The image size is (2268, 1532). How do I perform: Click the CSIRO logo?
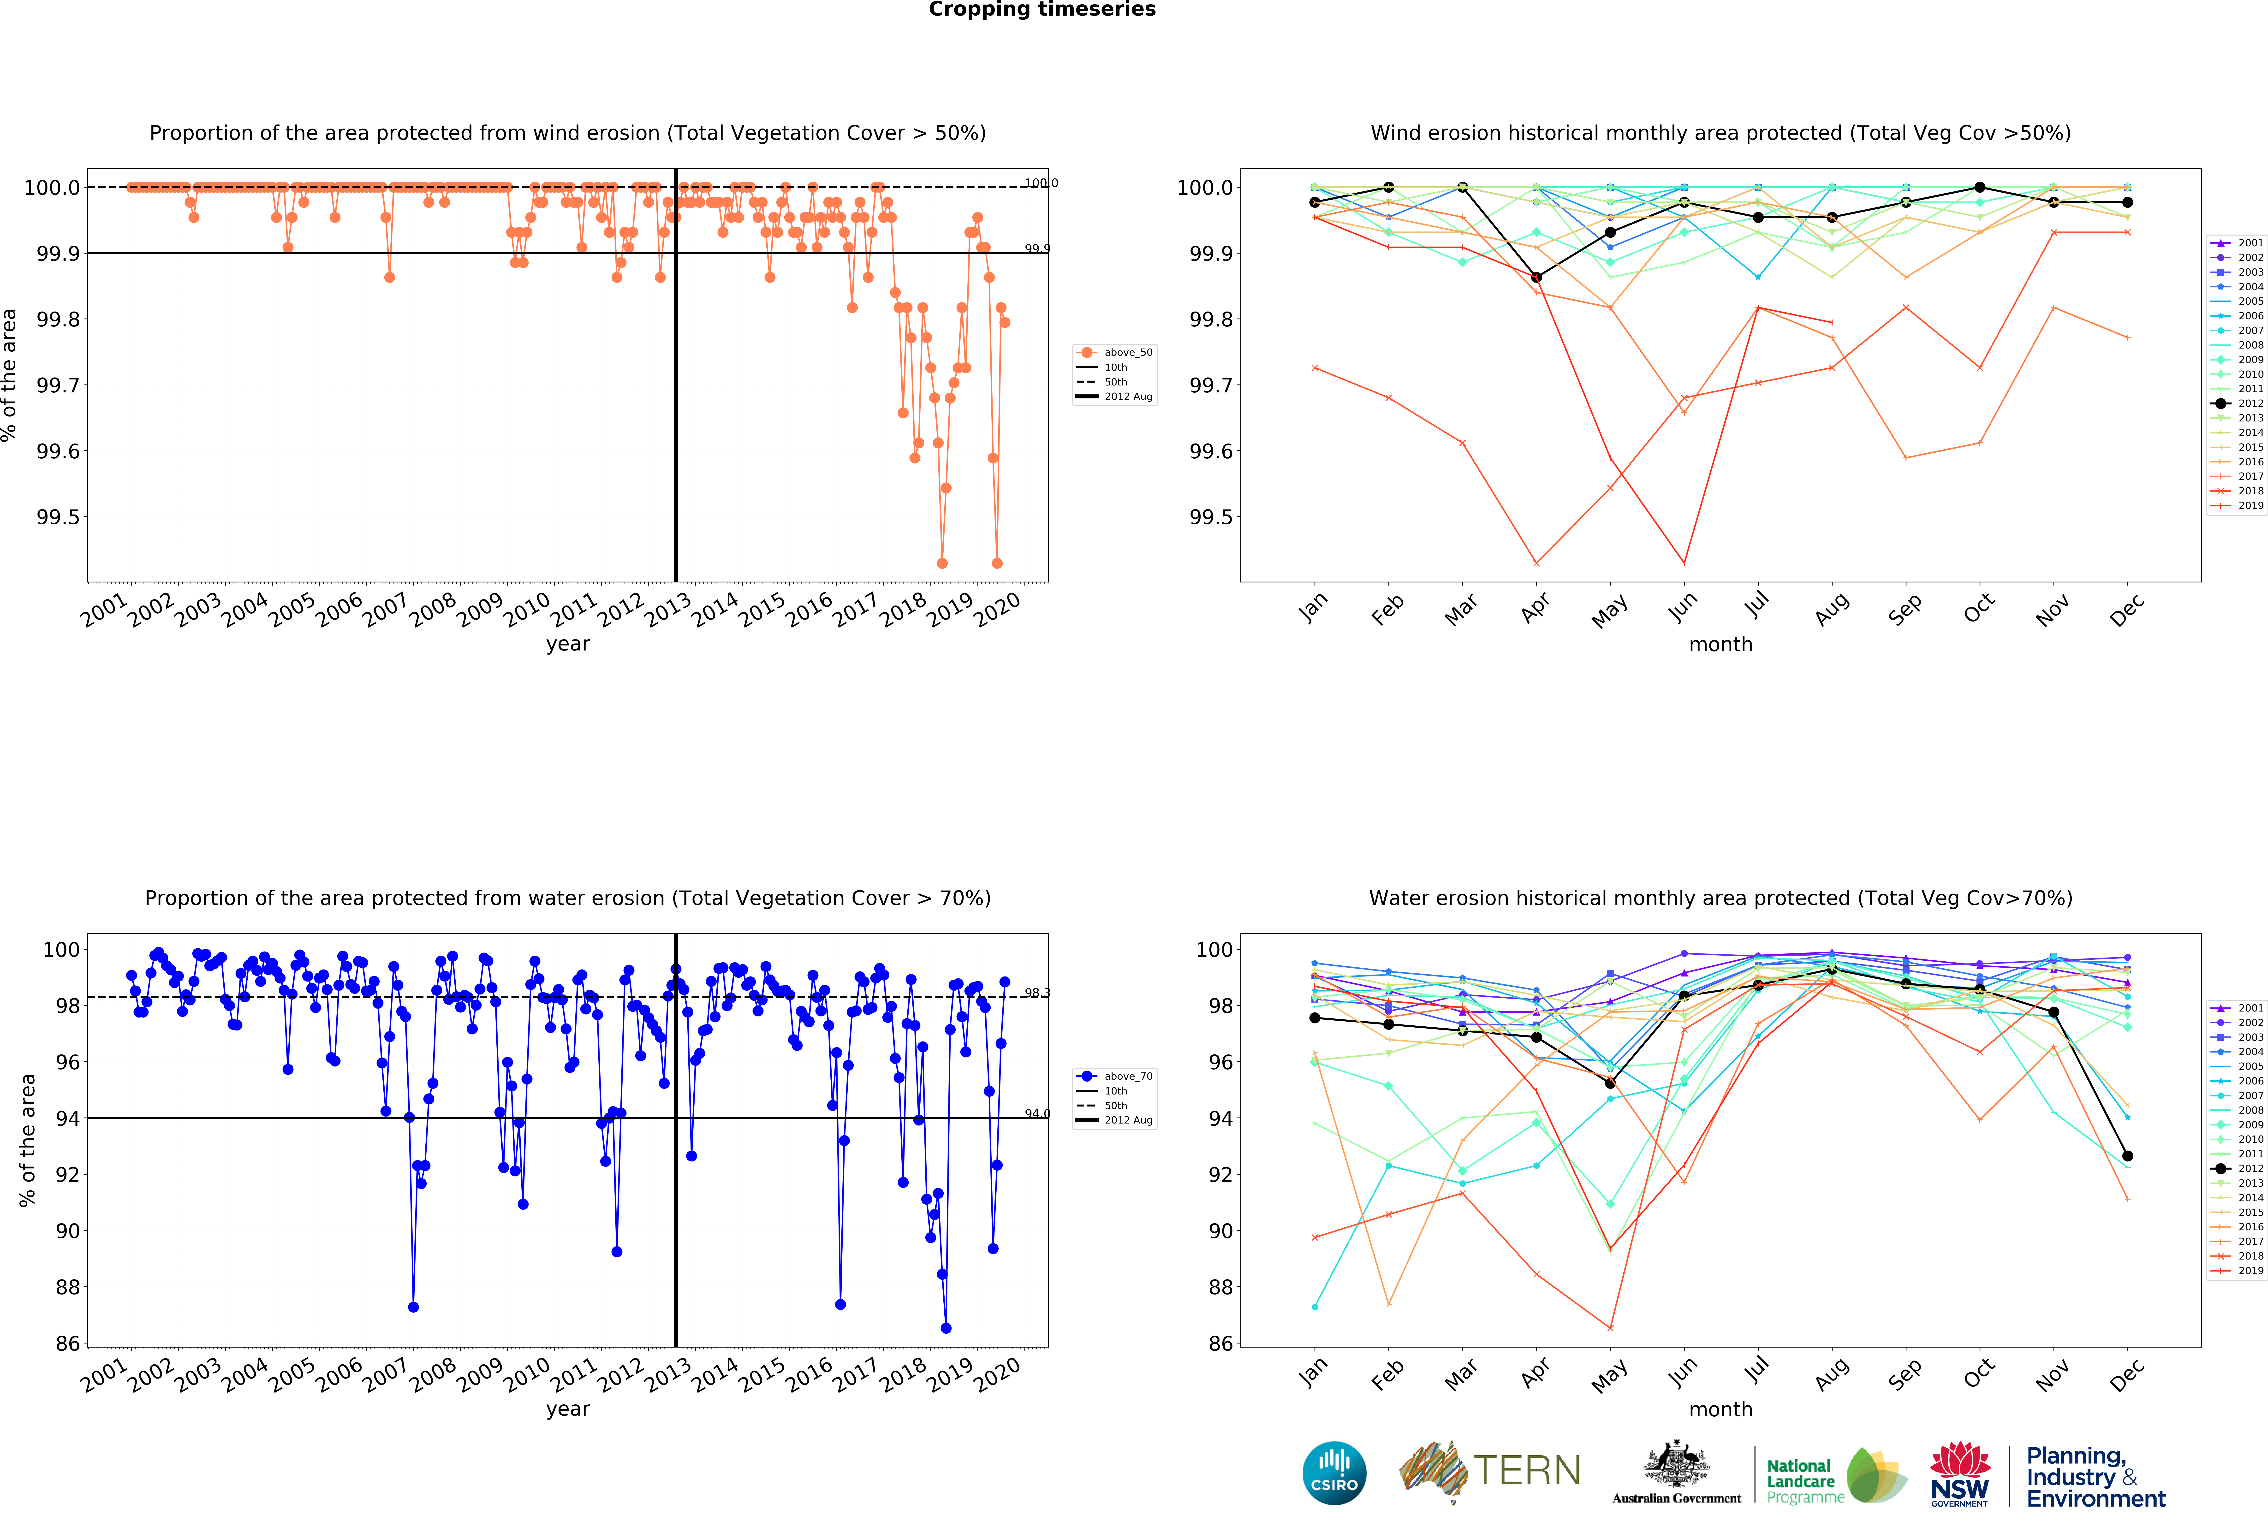tap(1334, 1473)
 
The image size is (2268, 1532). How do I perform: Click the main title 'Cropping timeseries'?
tap(1041, 10)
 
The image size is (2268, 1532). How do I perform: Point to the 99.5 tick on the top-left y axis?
tap(59, 517)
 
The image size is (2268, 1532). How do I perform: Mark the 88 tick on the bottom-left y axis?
tap(67, 1287)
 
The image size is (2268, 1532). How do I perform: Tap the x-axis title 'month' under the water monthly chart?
tap(1720, 1409)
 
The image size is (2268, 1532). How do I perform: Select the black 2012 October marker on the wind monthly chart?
tap(1979, 187)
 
